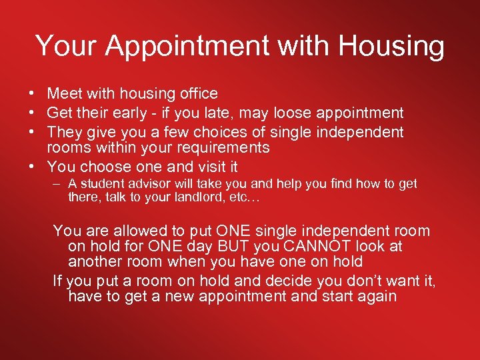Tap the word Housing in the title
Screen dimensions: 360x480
[x=391, y=46]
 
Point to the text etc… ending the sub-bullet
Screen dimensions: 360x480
[x=244, y=197]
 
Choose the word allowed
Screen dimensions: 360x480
[x=143, y=231]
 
